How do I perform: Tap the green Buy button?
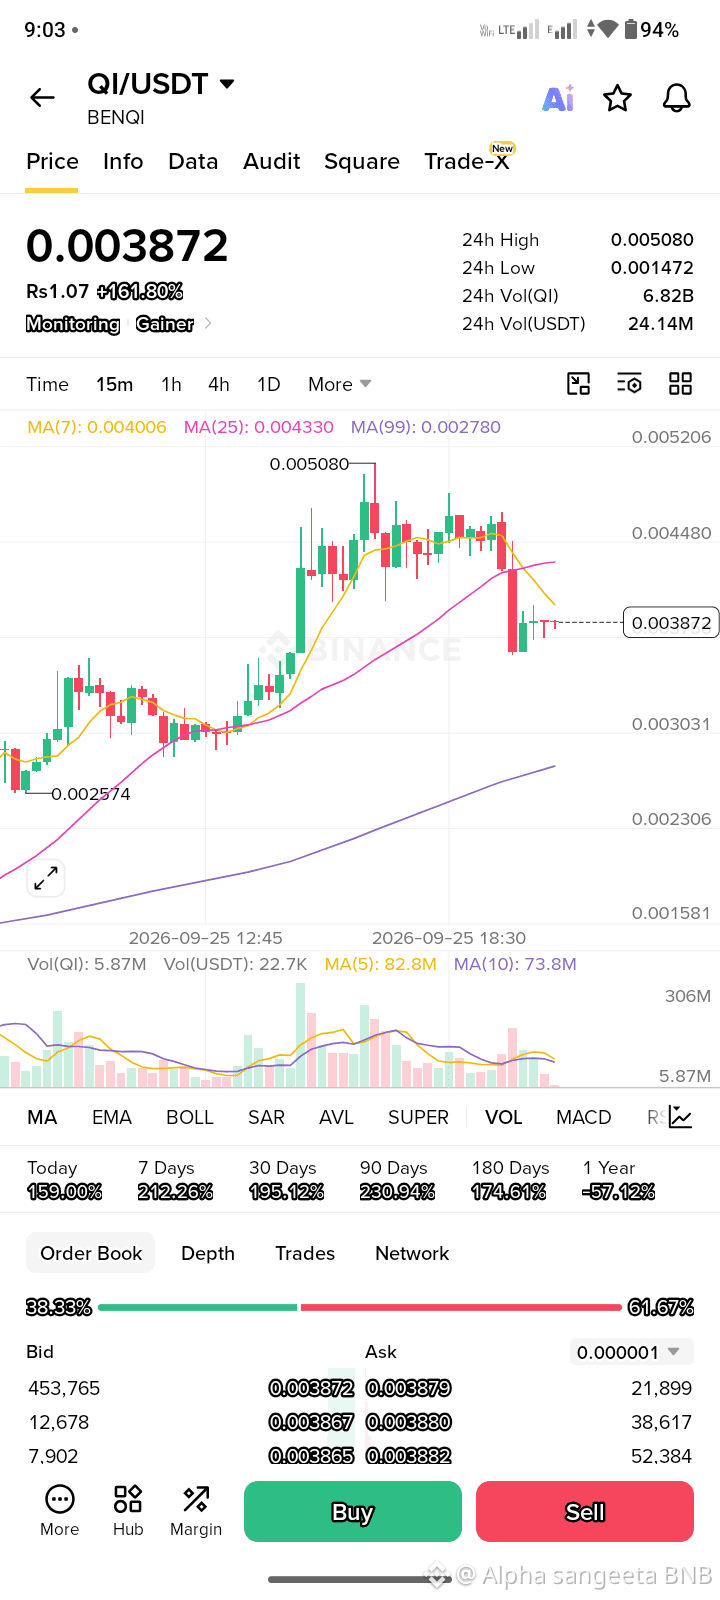[x=353, y=1511]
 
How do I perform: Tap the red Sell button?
[x=585, y=1511]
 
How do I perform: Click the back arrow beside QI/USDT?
[x=42, y=97]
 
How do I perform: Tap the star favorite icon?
[x=617, y=98]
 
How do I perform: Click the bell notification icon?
[x=676, y=98]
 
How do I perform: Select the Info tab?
[x=123, y=161]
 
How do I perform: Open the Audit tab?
[x=271, y=161]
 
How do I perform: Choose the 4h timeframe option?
[x=219, y=384]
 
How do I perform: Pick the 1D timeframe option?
[x=269, y=384]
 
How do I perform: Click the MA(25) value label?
[x=259, y=427]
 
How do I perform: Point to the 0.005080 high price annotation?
[x=309, y=464]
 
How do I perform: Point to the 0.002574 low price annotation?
[x=91, y=794]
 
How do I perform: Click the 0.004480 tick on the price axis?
[x=671, y=533]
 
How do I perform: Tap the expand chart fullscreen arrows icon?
[x=46, y=878]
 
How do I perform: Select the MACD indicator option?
[x=584, y=1117]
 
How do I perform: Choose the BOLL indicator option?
[x=190, y=1117]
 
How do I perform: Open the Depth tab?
[x=208, y=1253]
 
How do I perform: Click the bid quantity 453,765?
[x=64, y=1388]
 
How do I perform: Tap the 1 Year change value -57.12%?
[x=619, y=1191]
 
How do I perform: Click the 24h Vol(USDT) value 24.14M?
[x=661, y=324]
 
